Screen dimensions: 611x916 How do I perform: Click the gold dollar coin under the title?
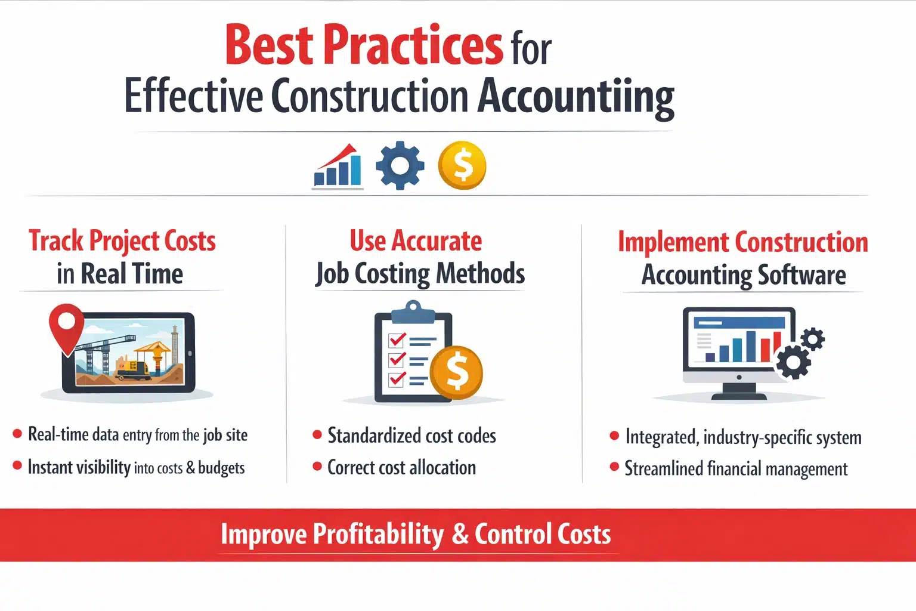[x=462, y=165]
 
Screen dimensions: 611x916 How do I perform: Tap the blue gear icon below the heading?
[x=400, y=165]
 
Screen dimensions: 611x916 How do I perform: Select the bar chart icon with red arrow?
[x=338, y=166]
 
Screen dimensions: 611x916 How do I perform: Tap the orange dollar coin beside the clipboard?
[x=457, y=372]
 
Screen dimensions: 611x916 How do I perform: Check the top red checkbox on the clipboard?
[x=397, y=340]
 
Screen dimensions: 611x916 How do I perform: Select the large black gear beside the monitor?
[x=794, y=361]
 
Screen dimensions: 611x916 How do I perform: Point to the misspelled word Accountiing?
[x=575, y=97]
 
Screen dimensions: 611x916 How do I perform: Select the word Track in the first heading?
[x=56, y=241]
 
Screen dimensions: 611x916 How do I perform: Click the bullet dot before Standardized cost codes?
[x=317, y=435]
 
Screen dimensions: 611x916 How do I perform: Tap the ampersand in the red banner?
[x=460, y=534]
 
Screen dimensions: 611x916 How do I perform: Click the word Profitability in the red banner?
[x=378, y=534]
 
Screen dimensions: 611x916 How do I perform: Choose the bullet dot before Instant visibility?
[x=17, y=465]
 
